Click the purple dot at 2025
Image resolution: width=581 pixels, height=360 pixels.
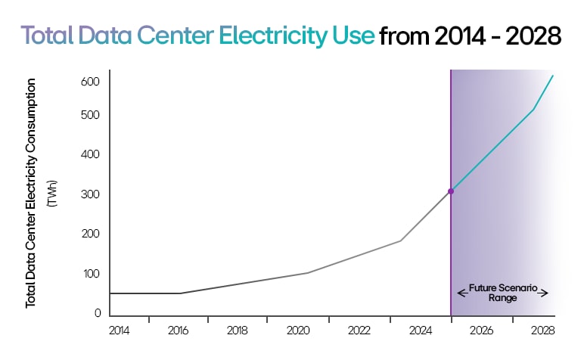click(451, 191)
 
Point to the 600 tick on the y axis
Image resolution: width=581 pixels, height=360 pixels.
click(91, 82)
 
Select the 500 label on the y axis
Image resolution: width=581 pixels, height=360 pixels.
click(91, 115)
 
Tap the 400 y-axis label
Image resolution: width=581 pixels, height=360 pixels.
click(91, 155)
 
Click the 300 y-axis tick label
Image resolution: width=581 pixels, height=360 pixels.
click(91, 194)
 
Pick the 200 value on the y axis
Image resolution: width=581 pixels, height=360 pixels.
click(91, 234)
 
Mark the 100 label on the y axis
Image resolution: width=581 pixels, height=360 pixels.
click(91, 274)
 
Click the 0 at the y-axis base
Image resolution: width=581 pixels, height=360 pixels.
click(98, 313)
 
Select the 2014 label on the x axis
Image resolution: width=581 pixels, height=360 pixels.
click(119, 331)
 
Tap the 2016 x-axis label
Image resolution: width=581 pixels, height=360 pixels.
click(179, 331)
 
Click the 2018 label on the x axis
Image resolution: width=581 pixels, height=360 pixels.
click(238, 331)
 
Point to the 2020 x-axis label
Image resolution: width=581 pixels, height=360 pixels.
click(298, 331)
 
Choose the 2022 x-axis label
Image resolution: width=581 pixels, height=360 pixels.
click(359, 331)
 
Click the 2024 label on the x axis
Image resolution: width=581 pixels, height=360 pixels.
click(420, 331)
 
